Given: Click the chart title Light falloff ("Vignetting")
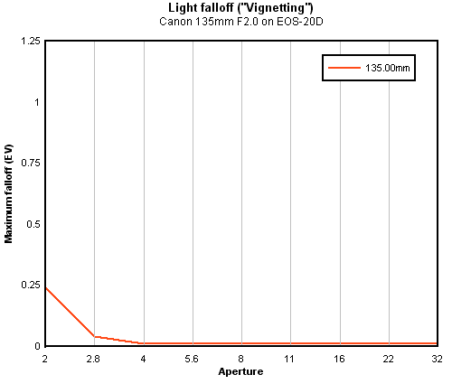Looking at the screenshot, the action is [x=240, y=8].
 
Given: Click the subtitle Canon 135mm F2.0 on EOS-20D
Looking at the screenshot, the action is [x=241, y=22].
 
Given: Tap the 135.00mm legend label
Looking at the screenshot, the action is [x=388, y=68].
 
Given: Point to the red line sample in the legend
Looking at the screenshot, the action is [x=344, y=68].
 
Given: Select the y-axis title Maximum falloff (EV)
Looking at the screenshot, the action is [x=8, y=194].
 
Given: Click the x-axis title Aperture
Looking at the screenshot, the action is [x=240, y=371].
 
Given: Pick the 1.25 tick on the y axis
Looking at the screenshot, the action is [x=30, y=41].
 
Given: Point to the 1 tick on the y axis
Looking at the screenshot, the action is [x=37, y=102].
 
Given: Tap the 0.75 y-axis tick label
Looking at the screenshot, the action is [x=31, y=164].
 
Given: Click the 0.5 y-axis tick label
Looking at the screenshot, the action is [x=33, y=224].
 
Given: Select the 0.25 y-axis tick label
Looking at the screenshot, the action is [x=31, y=285].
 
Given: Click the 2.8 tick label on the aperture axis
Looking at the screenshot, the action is [x=93, y=359].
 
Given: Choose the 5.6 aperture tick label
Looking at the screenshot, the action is [x=192, y=359].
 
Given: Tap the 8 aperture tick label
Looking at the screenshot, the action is [x=240, y=359].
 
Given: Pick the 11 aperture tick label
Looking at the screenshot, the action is [x=289, y=359].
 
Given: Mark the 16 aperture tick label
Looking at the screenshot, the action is [x=339, y=359].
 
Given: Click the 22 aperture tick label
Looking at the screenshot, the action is [x=389, y=359].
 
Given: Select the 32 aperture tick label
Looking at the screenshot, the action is [x=437, y=359].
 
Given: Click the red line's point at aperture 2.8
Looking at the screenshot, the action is [x=95, y=336].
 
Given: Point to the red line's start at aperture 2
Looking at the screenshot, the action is [x=45, y=288].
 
